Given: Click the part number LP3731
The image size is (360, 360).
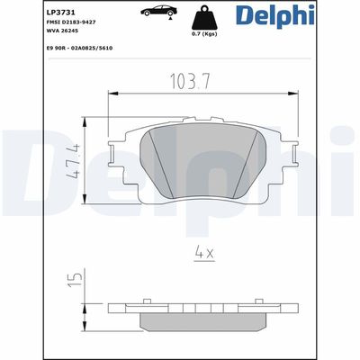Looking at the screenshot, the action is coord(57,13).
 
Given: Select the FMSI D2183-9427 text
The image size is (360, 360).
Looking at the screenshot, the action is coord(71,22).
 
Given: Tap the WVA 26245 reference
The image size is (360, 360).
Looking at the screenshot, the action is coord(62,31).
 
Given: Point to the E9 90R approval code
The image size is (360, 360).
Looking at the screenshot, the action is coord(79,48).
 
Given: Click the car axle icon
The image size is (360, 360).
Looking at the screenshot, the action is coord(158,12).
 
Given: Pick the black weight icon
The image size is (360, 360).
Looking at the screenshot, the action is coord(204,17).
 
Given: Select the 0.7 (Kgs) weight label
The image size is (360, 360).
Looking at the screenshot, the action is coord(204,34).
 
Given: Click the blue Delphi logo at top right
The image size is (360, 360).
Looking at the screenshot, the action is coord(274,15).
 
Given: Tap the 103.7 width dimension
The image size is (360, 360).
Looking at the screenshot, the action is coord(190,81).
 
